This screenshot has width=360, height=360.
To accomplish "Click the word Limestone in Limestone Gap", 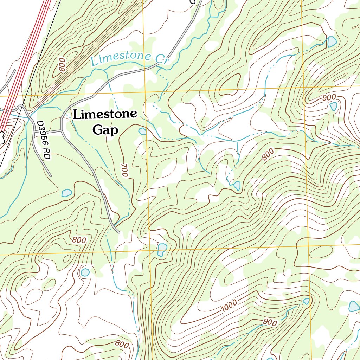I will [105, 114].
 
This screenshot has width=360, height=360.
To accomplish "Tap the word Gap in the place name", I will [105, 130].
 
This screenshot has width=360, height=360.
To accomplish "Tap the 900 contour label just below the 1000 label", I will [270, 322].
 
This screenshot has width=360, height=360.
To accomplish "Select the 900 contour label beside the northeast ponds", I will [329, 97].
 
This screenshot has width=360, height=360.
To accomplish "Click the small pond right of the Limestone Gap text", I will [142, 131].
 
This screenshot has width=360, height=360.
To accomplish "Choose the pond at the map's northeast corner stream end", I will [332, 42].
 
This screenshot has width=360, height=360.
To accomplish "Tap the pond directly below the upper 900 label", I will [333, 106].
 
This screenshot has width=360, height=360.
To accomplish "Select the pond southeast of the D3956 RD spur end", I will [66, 193].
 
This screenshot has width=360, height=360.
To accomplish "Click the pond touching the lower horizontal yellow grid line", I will [162, 249].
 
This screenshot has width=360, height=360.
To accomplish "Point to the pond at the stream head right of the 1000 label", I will [307, 301].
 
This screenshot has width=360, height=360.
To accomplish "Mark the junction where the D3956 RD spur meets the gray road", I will [62, 131].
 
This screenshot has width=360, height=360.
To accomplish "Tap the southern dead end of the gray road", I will [118, 232].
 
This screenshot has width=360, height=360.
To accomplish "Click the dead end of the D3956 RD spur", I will [51, 175].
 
